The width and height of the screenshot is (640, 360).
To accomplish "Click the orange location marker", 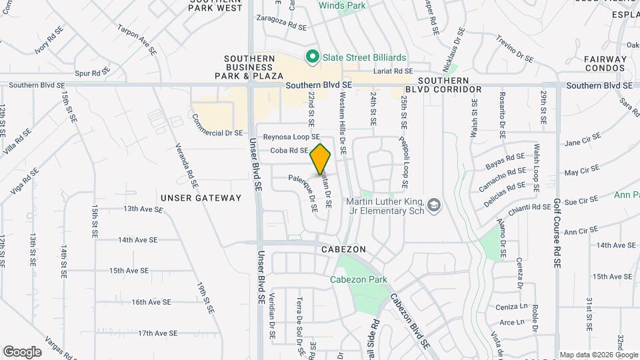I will (x=321, y=159).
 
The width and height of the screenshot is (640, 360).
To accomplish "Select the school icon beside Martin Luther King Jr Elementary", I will (x=435, y=205).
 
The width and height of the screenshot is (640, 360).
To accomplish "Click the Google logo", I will (x=21, y=352).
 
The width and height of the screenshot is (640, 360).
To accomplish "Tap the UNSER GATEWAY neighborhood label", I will (x=201, y=198).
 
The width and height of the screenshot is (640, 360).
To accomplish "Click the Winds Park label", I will (x=342, y=5).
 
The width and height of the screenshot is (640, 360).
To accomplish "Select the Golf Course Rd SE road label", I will (x=557, y=233).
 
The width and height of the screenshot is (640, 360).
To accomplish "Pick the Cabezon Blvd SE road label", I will (x=409, y=321).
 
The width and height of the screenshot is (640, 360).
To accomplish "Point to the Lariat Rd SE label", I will (x=393, y=71).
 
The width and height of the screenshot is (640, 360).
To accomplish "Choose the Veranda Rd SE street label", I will (x=185, y=165).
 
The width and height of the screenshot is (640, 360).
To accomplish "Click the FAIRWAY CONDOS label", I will (x=605, y=63).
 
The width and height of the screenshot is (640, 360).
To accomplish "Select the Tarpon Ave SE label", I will (x=137, y=39).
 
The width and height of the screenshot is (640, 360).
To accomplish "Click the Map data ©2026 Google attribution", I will (x=597, y=355).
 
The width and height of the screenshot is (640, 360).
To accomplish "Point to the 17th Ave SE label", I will (x=158, y=333).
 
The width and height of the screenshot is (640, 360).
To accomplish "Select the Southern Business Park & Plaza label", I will (x=249, y=67).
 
